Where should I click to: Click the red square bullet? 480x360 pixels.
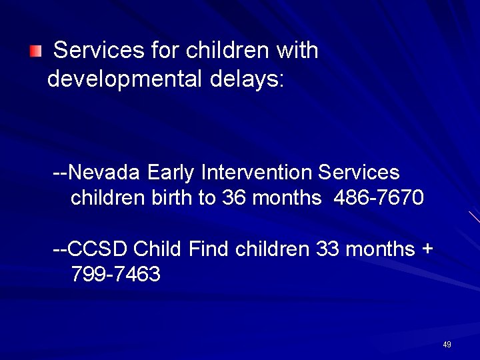click(x=35, y=51)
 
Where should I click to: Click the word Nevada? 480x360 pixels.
click(x=104, y=173)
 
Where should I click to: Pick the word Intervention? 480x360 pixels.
click(x=257, y=173)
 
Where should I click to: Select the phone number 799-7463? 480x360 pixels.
click(x=115, y=273)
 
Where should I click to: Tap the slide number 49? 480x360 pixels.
click(x=447, y=345)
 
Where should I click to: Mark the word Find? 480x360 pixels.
click(x=209, y=249)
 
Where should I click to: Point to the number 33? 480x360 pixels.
click(x=327, y=249)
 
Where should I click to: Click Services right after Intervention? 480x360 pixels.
click(x=359, y=173)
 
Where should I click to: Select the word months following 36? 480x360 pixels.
click(x=285, y=198)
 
